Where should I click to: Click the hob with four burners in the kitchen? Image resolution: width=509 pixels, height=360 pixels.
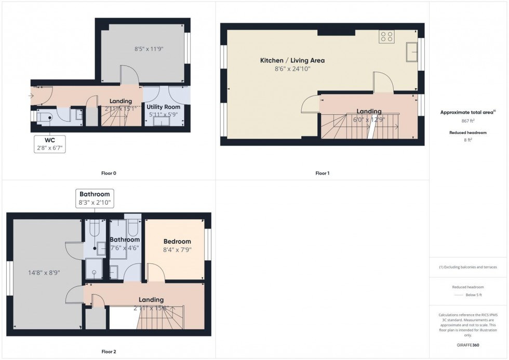386,36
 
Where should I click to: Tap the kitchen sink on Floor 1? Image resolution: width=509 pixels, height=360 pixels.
412,51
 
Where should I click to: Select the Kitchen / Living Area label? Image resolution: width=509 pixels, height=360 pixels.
292,61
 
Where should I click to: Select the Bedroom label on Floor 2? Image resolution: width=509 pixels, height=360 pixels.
177,242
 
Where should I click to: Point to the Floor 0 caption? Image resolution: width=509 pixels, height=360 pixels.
109,173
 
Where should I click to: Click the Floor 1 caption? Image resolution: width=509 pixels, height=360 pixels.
323,173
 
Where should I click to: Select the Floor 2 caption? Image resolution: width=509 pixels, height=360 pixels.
109,352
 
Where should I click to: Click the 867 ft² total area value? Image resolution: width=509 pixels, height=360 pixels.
468,121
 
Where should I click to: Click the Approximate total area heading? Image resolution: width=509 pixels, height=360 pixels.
467,112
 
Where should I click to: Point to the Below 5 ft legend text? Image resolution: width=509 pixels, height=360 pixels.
475,295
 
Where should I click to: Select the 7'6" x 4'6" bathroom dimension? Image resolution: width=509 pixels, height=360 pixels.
125,248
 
